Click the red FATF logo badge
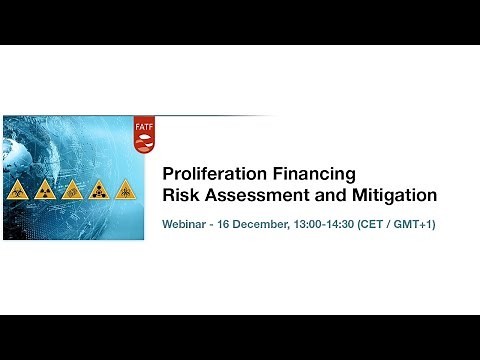click(x=144, y=136)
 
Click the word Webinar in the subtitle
click(x=187, y=224)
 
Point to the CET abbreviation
click(x=391, y=224)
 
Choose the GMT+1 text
click(x=421, y=224)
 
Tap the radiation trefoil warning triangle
click(x=45, y=190)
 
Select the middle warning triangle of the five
click(x=72, y=190)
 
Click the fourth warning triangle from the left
click(x=99, y=190)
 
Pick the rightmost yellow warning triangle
click(x=126, y=190)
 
